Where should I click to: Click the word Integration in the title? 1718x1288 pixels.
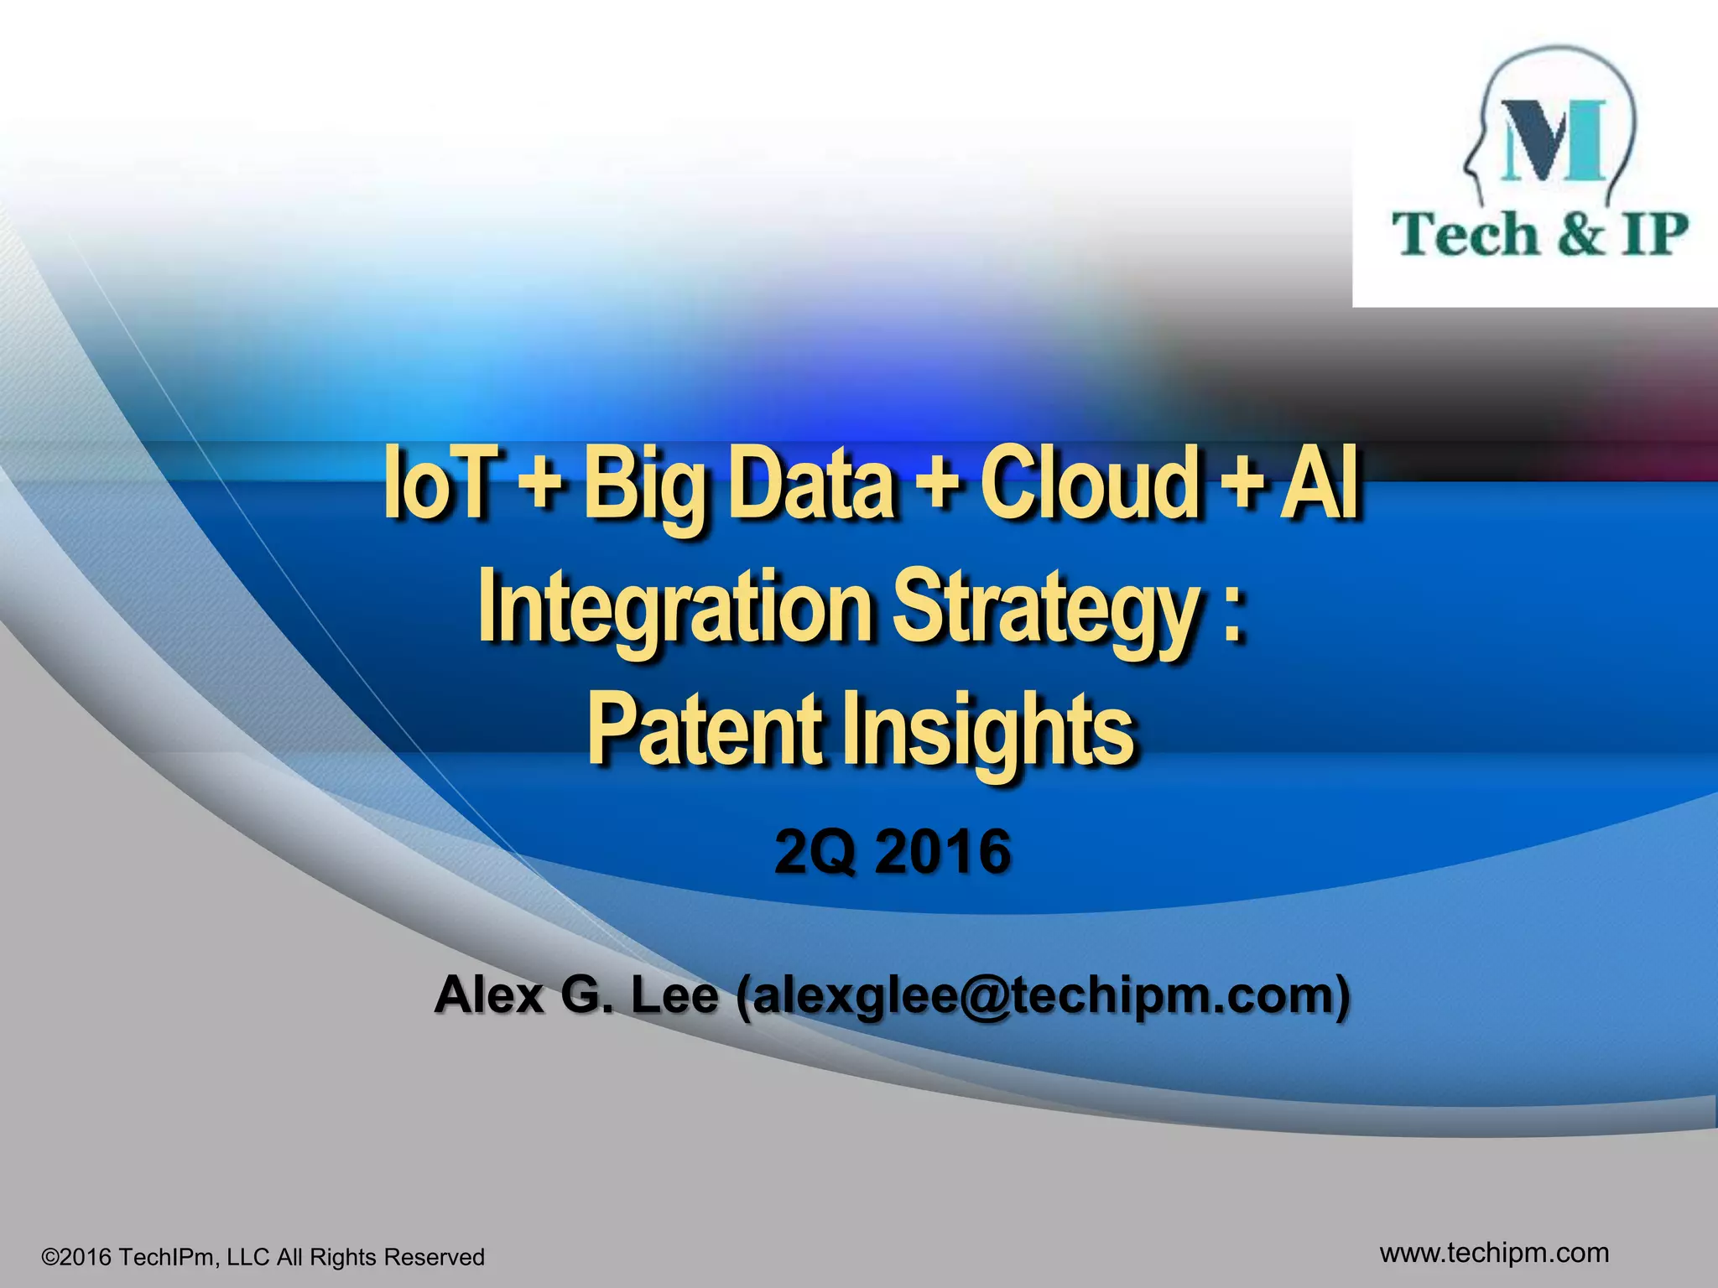tap(674, 607)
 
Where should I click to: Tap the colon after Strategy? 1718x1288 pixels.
tap(1231, 614)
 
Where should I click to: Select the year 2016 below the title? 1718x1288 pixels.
tap(942, 852)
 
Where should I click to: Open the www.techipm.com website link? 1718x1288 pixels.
tap(1494, 1253)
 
